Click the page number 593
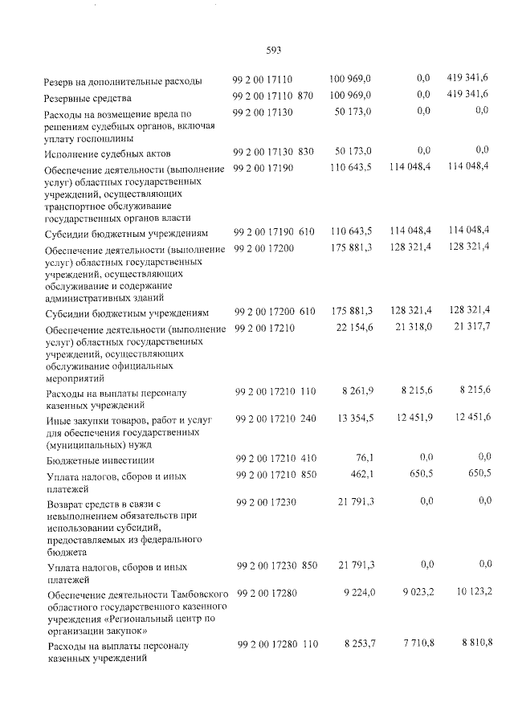273,50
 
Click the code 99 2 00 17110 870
272,96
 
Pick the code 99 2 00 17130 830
273,151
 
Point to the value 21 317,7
471,328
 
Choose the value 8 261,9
357,390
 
